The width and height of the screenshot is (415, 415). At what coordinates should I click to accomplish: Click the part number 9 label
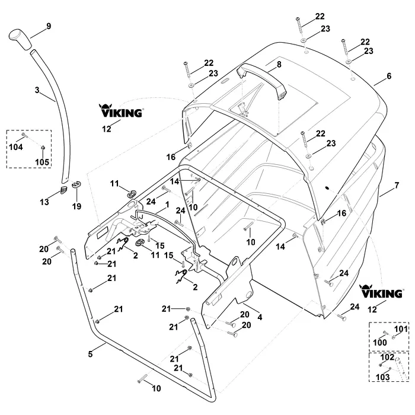[49, 26]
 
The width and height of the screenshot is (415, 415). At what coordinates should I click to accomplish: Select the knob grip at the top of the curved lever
[20, 40]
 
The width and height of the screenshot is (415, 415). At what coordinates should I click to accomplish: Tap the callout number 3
[37, 90]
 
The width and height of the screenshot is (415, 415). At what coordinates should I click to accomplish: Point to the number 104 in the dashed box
[16, 147]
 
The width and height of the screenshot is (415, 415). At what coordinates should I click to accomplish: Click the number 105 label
[42, 162]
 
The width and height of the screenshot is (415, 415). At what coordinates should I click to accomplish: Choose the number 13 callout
[44, 202]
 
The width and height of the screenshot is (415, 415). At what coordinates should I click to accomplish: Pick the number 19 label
[76, 206]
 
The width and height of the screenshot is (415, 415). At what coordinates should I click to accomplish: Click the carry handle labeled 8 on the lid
[261, 81]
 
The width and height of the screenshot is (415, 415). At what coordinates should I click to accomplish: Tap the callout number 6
[389, 76]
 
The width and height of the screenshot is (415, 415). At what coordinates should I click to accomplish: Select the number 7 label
[397, 185]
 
